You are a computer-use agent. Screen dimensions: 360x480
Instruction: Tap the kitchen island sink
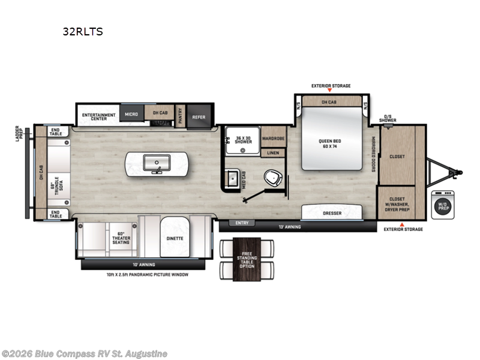click(156, 163)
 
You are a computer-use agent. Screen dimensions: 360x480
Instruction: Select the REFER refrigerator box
click(199, 117)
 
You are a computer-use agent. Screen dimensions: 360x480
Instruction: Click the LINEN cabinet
click(273, 153)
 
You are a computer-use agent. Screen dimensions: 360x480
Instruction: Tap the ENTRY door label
click(242, 223)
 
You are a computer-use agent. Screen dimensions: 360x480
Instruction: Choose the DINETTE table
click(175, 238)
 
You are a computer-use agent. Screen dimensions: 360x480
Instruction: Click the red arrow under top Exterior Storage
click(331, 91)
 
